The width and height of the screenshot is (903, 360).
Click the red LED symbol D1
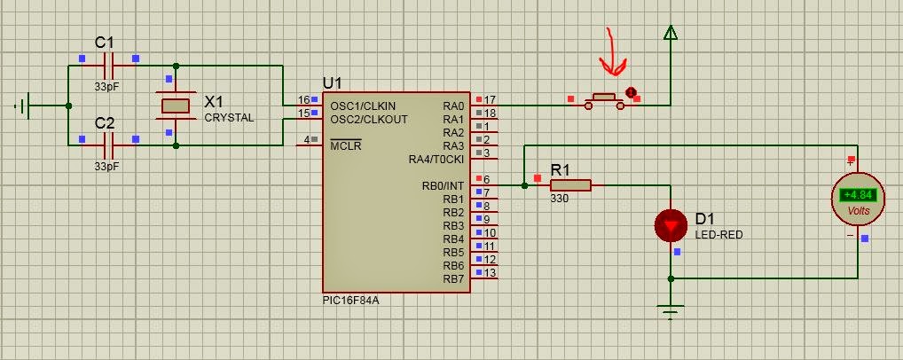671,225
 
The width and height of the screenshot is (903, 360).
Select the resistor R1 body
570,185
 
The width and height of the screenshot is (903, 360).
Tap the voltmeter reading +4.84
858,195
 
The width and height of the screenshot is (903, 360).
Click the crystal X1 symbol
176,106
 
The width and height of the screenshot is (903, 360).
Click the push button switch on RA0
604,101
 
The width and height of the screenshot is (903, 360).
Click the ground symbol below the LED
671,311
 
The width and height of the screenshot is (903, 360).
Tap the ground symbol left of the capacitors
23,106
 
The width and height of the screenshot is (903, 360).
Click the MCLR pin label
346,145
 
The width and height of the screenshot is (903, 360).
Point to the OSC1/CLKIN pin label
363,106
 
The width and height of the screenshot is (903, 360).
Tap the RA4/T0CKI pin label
436,159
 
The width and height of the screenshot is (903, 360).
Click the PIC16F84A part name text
350,300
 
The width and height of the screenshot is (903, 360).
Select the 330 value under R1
559,199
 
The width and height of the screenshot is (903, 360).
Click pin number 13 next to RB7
490,272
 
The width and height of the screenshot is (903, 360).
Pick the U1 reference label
333,83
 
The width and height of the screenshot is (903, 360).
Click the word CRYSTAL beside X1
229,118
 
